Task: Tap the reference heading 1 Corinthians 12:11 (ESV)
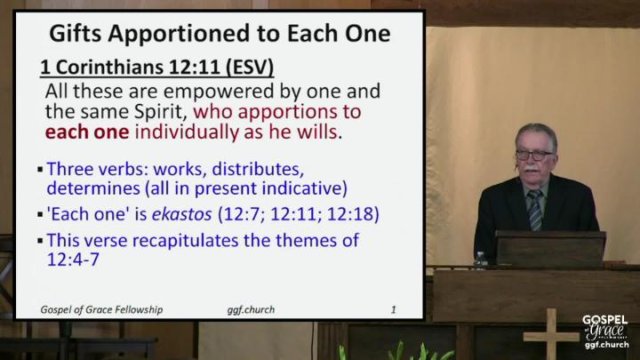click(x=156, y=68)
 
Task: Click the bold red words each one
click(x=87, y=132)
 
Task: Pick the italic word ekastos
click(x=182, y=214)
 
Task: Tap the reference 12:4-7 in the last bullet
click(x=73, y=260)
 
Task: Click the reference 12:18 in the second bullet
click(x=349, y=214)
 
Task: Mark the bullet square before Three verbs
click(x=40, y=170)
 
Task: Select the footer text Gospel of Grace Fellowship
click(x=101, y=310)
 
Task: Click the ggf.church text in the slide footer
click(x=251, y=310)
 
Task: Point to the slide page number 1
click(x=394, y=310)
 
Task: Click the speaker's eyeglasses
click(x=534, y=155)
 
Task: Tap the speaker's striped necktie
click(x=535, y=210)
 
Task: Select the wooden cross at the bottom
click(x=551, y=334)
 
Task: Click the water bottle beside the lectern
click(x=481, y=260)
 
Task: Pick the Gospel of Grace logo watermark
click(x=605, y=332)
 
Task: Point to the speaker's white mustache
click(x=531, y=168)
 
